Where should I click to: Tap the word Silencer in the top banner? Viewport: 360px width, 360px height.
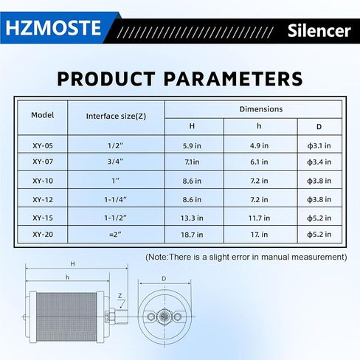pos(319,31)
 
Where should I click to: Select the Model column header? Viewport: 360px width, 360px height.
pos(42,115)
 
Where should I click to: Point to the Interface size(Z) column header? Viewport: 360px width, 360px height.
pos(116,116)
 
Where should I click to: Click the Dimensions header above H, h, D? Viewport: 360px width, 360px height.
pos(261,108)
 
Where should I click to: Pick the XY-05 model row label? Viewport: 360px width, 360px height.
pos(43,145)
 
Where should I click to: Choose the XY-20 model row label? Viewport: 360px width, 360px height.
pos(43,235)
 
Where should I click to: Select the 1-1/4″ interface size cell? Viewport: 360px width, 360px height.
pos(116,199)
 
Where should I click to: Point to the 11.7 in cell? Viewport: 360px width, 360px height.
pos(259,217)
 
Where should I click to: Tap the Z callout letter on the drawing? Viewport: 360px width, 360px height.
pos(120,295)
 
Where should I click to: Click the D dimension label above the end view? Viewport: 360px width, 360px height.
pos(164,280)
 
